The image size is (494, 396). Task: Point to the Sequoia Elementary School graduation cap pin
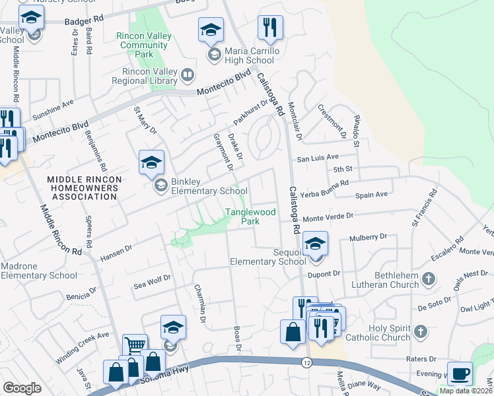point(316,245)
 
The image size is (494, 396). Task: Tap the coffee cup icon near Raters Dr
point(460,374)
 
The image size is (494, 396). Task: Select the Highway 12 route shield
point(306,362)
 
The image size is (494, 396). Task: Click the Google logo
point(21,388)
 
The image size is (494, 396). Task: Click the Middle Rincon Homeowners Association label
point(83,187)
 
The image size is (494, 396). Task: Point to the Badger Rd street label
point(85,21)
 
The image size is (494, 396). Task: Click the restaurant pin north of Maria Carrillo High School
point(269,28)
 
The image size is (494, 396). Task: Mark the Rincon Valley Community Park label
point(144,46)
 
